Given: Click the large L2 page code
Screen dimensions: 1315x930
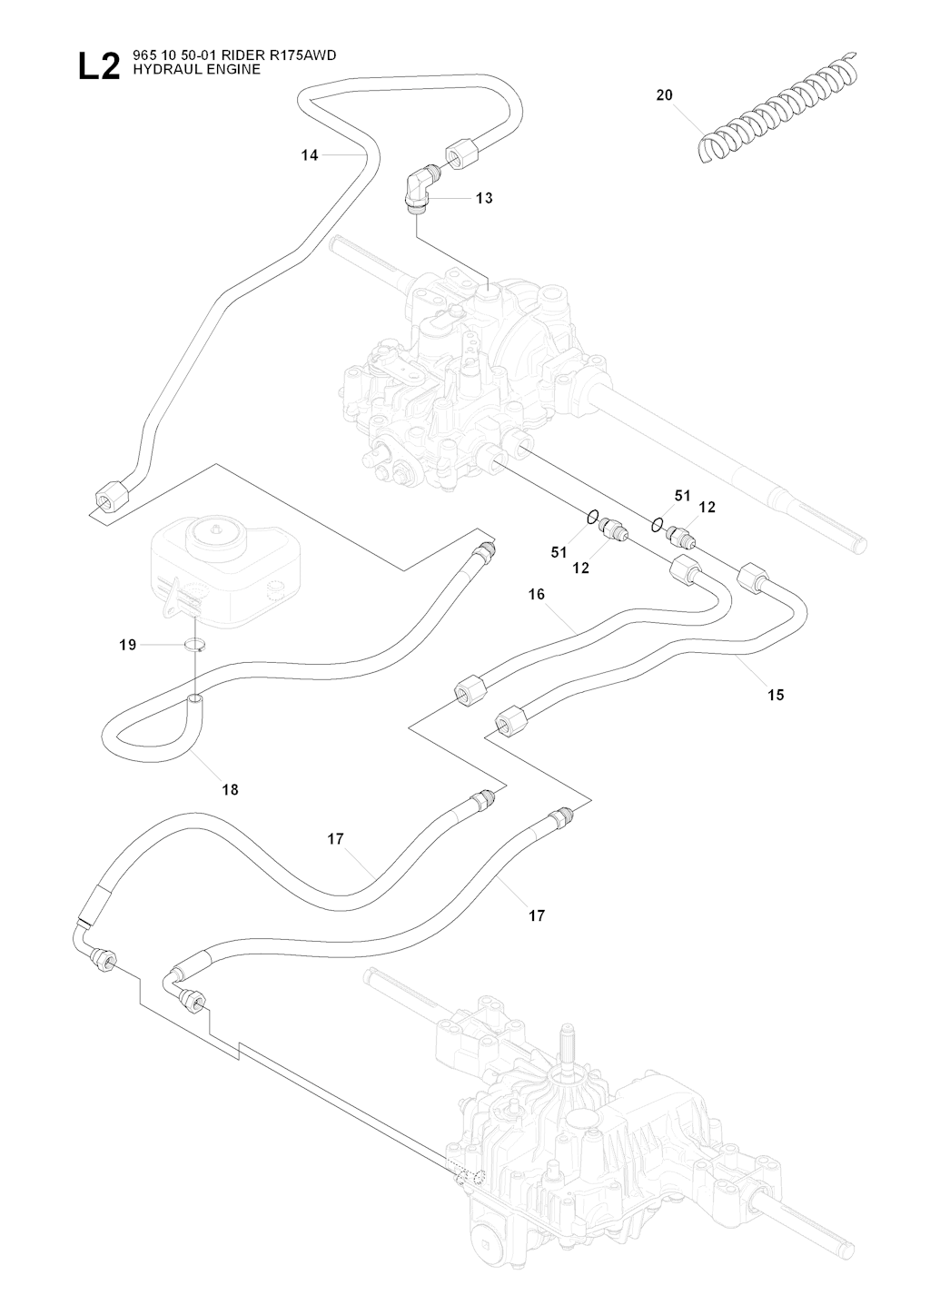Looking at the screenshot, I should point(98,66).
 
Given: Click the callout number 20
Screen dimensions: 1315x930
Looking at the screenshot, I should point(664,94).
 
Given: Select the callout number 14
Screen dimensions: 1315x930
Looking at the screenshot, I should point(310,155).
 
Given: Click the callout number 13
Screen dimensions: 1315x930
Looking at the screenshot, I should point(484,198).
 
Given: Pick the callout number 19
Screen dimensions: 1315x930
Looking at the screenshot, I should point(127,645).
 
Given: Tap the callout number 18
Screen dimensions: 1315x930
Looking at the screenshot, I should point(230,790).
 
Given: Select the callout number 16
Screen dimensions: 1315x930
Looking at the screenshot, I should point(536,594).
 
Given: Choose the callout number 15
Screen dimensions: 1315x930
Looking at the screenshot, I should point(775,695).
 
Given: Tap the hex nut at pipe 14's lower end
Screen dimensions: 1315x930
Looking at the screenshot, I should point(112,498).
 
